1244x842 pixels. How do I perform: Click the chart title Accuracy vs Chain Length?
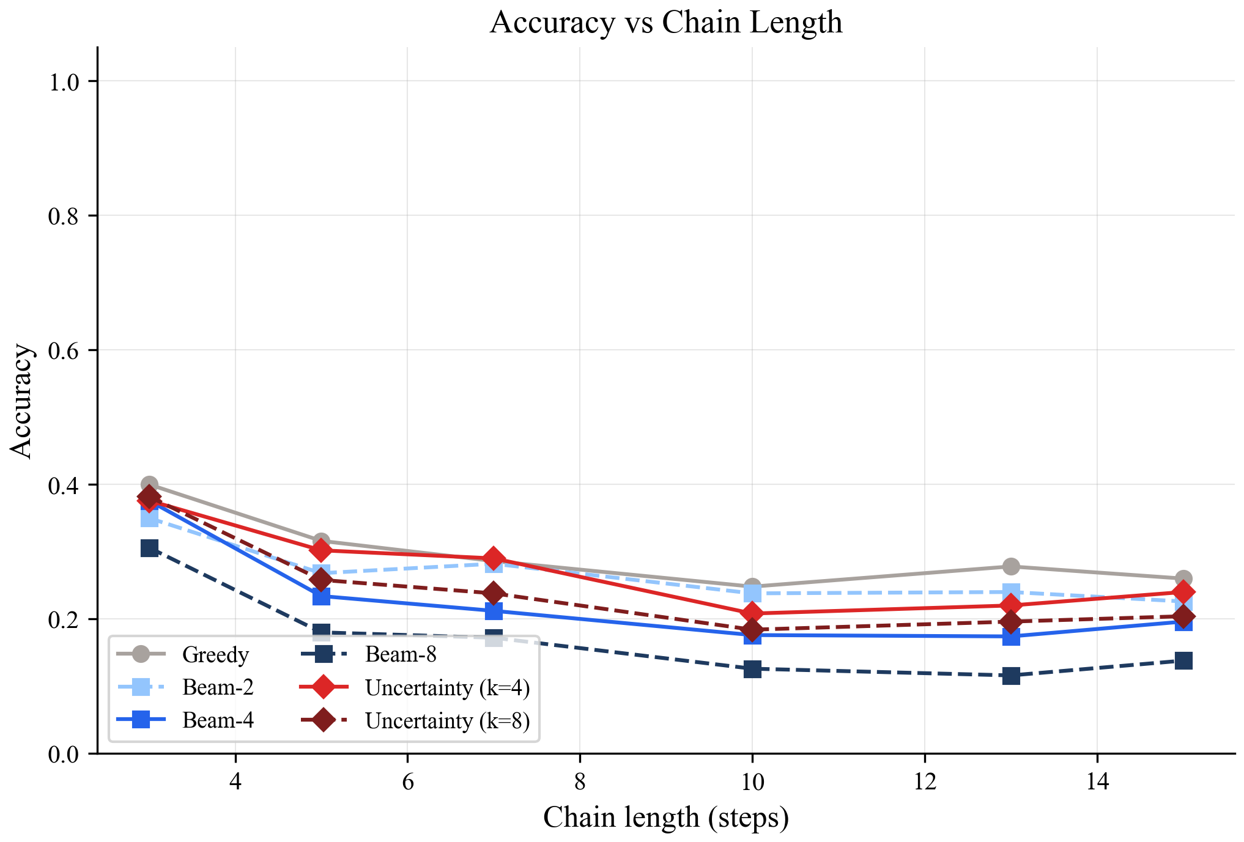(665, 23)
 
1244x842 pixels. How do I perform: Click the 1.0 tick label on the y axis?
(64, 82)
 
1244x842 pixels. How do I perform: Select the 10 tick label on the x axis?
(752, 781)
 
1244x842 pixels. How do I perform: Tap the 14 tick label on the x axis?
(1097, 781)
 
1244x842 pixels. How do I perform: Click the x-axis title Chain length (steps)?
(665, 818)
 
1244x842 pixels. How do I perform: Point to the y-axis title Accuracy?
(21, 401)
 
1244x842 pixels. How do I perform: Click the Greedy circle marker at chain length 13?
(1011, 566)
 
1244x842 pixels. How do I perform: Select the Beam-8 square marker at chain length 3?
(149, 548)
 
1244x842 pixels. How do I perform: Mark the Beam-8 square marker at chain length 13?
(1011, 676)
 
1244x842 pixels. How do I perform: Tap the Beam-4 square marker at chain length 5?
(321, 596)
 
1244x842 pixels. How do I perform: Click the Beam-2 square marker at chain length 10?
(752, 593)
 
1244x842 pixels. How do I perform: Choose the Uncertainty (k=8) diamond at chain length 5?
(321, 579)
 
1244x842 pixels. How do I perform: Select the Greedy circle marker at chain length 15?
(1183, 578)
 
